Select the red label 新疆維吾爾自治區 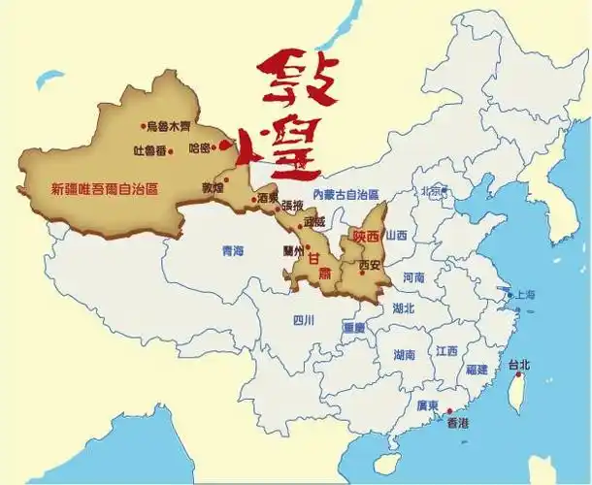tap(104, 188)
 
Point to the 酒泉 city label tap(269, 199)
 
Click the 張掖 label tap(292, 205)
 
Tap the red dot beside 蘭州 tap(307, 247)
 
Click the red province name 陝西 tap(367, 234)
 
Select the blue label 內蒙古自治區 tap(345, 195)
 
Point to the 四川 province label tap(304, 320)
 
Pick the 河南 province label tap(412, 277)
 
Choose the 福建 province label tap(476, 370)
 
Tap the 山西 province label tap(397, 236)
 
